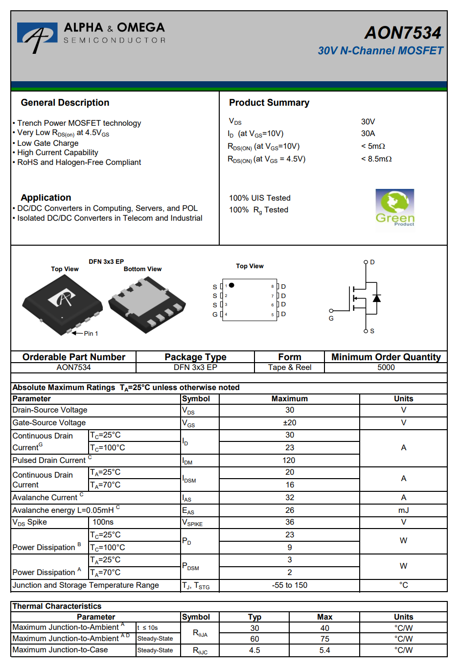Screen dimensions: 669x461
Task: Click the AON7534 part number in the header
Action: (403, 33)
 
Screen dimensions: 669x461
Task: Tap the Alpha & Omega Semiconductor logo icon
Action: (37, 37)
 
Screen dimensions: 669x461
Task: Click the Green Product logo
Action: (395, 208)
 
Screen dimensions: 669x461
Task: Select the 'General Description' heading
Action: (65, 103)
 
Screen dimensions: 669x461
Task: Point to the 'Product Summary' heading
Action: (269, 103)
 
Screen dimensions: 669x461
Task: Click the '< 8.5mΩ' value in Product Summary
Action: (376, 159)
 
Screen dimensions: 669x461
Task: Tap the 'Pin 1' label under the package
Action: (91, 334)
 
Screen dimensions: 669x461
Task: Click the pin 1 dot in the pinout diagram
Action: (232, 285)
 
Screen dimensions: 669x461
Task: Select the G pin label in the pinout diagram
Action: (215, 314)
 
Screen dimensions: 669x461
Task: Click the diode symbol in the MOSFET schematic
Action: (376, 298)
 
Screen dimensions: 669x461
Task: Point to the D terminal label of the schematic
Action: (372, 262)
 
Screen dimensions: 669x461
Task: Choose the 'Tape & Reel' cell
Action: (290, 368)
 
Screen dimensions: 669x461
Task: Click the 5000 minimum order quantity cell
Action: (386, 368)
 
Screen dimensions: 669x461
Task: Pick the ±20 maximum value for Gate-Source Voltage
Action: (290, 423)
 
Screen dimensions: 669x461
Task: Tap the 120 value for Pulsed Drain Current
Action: (289, 461)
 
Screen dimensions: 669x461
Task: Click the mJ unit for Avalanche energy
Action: (403, 510)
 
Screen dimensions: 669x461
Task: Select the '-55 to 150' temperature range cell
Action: (290, 585)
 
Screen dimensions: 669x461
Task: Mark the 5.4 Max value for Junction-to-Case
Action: (324, 650)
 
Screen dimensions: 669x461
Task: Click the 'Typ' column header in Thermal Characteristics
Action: (254, 617)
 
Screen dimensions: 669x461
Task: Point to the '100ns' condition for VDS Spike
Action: (103, 522)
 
